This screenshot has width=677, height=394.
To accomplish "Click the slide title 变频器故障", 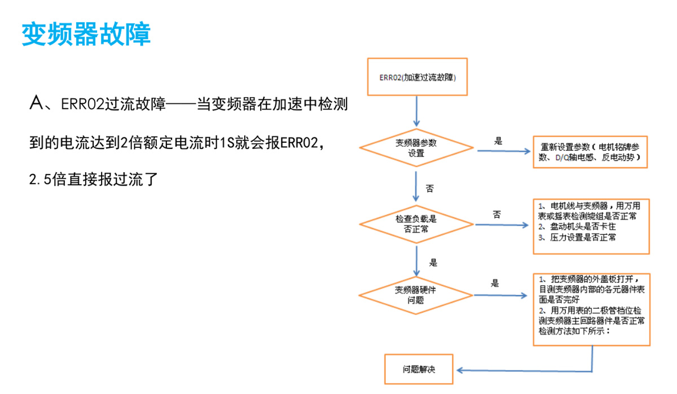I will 86,34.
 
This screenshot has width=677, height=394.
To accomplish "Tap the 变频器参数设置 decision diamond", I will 416,148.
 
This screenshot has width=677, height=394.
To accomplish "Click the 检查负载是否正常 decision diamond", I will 416,224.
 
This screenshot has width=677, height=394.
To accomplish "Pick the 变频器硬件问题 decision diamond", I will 416,295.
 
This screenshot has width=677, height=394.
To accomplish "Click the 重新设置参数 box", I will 590,151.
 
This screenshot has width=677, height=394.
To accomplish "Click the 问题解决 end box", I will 419,370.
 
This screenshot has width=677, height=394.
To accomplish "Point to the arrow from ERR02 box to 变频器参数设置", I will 416,111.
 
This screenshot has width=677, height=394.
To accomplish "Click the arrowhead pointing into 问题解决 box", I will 460,370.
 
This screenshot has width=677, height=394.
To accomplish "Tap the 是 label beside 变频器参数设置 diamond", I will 498,141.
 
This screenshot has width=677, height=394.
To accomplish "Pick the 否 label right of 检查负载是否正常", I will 496,214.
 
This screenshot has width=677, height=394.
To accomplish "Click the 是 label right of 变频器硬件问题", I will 495,283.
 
